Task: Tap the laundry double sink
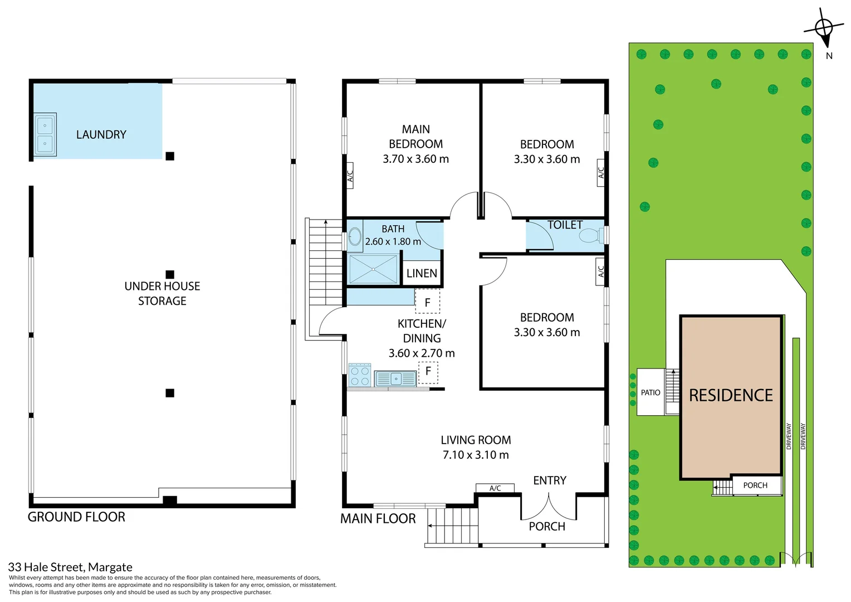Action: [45, 134]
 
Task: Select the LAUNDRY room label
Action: [101, 134]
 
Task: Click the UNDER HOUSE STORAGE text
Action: [162, 293]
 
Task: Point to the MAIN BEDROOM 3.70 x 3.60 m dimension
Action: [415, 159]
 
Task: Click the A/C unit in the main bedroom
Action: [350, 176]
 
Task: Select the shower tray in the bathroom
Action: [373, 269]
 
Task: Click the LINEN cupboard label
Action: [422, 273]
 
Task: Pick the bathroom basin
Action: [355, 236]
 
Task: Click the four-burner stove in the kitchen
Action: [360, 375]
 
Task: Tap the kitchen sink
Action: [395, 378]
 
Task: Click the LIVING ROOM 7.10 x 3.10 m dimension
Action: [476, 455]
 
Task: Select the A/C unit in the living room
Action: [495, 488]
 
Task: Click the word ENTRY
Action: [549, 480]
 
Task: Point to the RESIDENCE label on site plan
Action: [731, 395]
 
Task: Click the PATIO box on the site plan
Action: [651, 392]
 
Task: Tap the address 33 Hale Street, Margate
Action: [70, 567]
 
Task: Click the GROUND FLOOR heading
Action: [76, 517]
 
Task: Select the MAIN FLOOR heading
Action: [378, 518]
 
